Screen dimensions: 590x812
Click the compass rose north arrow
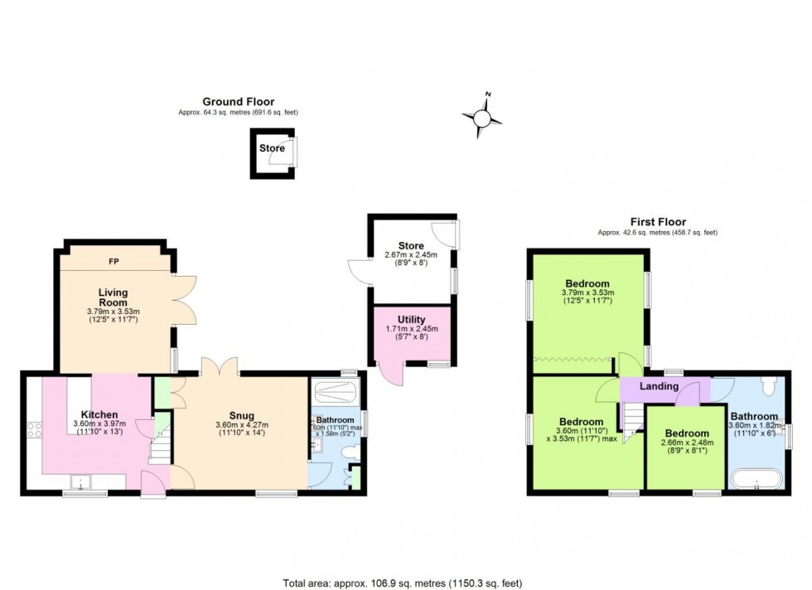coord(483,119)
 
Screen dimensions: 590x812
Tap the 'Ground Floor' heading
coord(239,102)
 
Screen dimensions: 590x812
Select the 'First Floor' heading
coord(658,222)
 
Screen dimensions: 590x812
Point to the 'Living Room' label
coord(113,297)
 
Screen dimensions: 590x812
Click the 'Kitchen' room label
coord(99,414)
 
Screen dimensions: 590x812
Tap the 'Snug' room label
coord(242,415)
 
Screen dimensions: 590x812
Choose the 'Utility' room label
coord(411,319)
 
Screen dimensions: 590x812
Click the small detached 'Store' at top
coord(273,154)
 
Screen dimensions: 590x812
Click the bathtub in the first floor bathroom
coord(755,478)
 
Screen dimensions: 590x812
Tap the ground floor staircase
coord(157,452)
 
